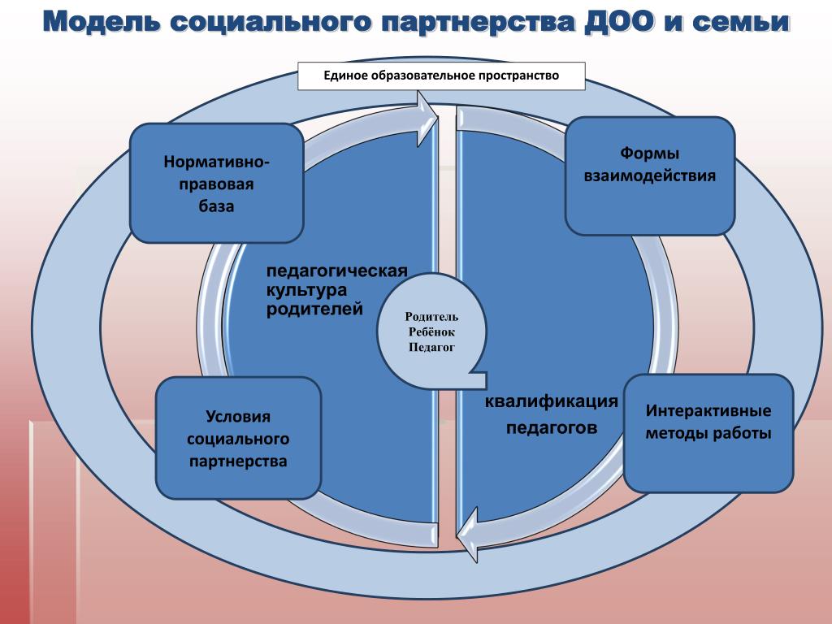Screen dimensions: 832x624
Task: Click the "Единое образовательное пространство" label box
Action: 441,76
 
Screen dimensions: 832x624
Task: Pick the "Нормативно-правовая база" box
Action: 216,183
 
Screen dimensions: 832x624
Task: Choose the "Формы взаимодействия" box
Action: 650,175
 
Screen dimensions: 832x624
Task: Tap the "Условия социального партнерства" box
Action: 238,438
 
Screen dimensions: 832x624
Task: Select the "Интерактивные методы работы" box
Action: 708,433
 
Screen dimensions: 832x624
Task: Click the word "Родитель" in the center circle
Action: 431,317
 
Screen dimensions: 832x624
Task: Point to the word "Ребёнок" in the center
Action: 431,332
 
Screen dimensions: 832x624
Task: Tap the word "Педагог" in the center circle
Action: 431,348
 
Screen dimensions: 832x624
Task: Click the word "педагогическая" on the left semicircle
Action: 337,271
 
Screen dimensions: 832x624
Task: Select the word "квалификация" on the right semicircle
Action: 552,401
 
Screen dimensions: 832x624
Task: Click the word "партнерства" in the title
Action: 478,22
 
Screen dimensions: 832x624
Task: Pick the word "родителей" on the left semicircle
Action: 314,309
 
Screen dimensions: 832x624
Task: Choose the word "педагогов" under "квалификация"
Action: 552,427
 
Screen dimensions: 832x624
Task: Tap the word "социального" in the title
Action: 270,22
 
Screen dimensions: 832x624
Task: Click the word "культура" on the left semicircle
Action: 306,290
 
